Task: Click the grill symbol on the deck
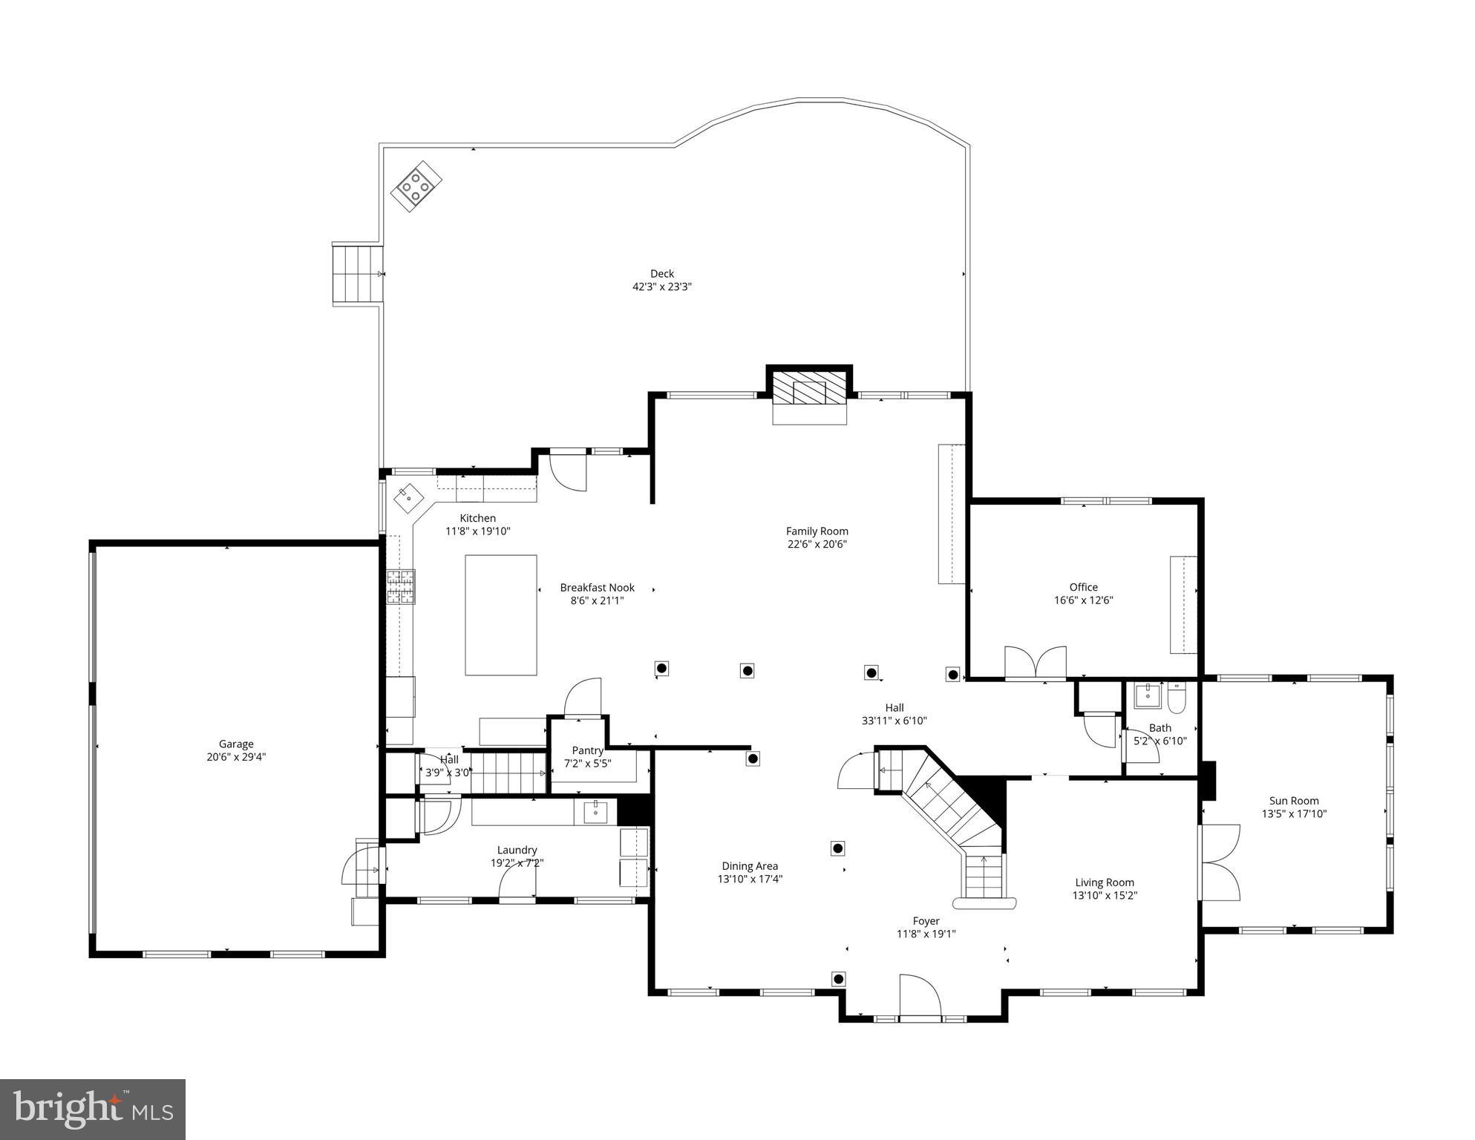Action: tap(416, 186)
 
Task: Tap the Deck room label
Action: tap(661, 273)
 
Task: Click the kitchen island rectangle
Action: tap(501, 615)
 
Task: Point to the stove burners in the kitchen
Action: tap(400, 586)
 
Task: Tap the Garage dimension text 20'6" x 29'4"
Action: tap(236, 757)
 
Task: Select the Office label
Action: tap(1083, 587)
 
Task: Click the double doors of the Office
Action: tap(1036, 662)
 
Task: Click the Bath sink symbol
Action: tap(1147, 695)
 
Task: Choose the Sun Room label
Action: tap(1294, 800)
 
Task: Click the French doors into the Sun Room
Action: tap(1220, 862)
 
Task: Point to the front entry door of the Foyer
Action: tap(920, 996)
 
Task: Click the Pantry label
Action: tap(587, 750)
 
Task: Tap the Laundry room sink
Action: tap(595, 812)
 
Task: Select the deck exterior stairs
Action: tap(357, 274)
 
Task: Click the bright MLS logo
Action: tap(92, 1109)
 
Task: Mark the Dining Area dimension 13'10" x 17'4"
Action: tap(750, 879)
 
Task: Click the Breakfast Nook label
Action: tap(597, 587)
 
